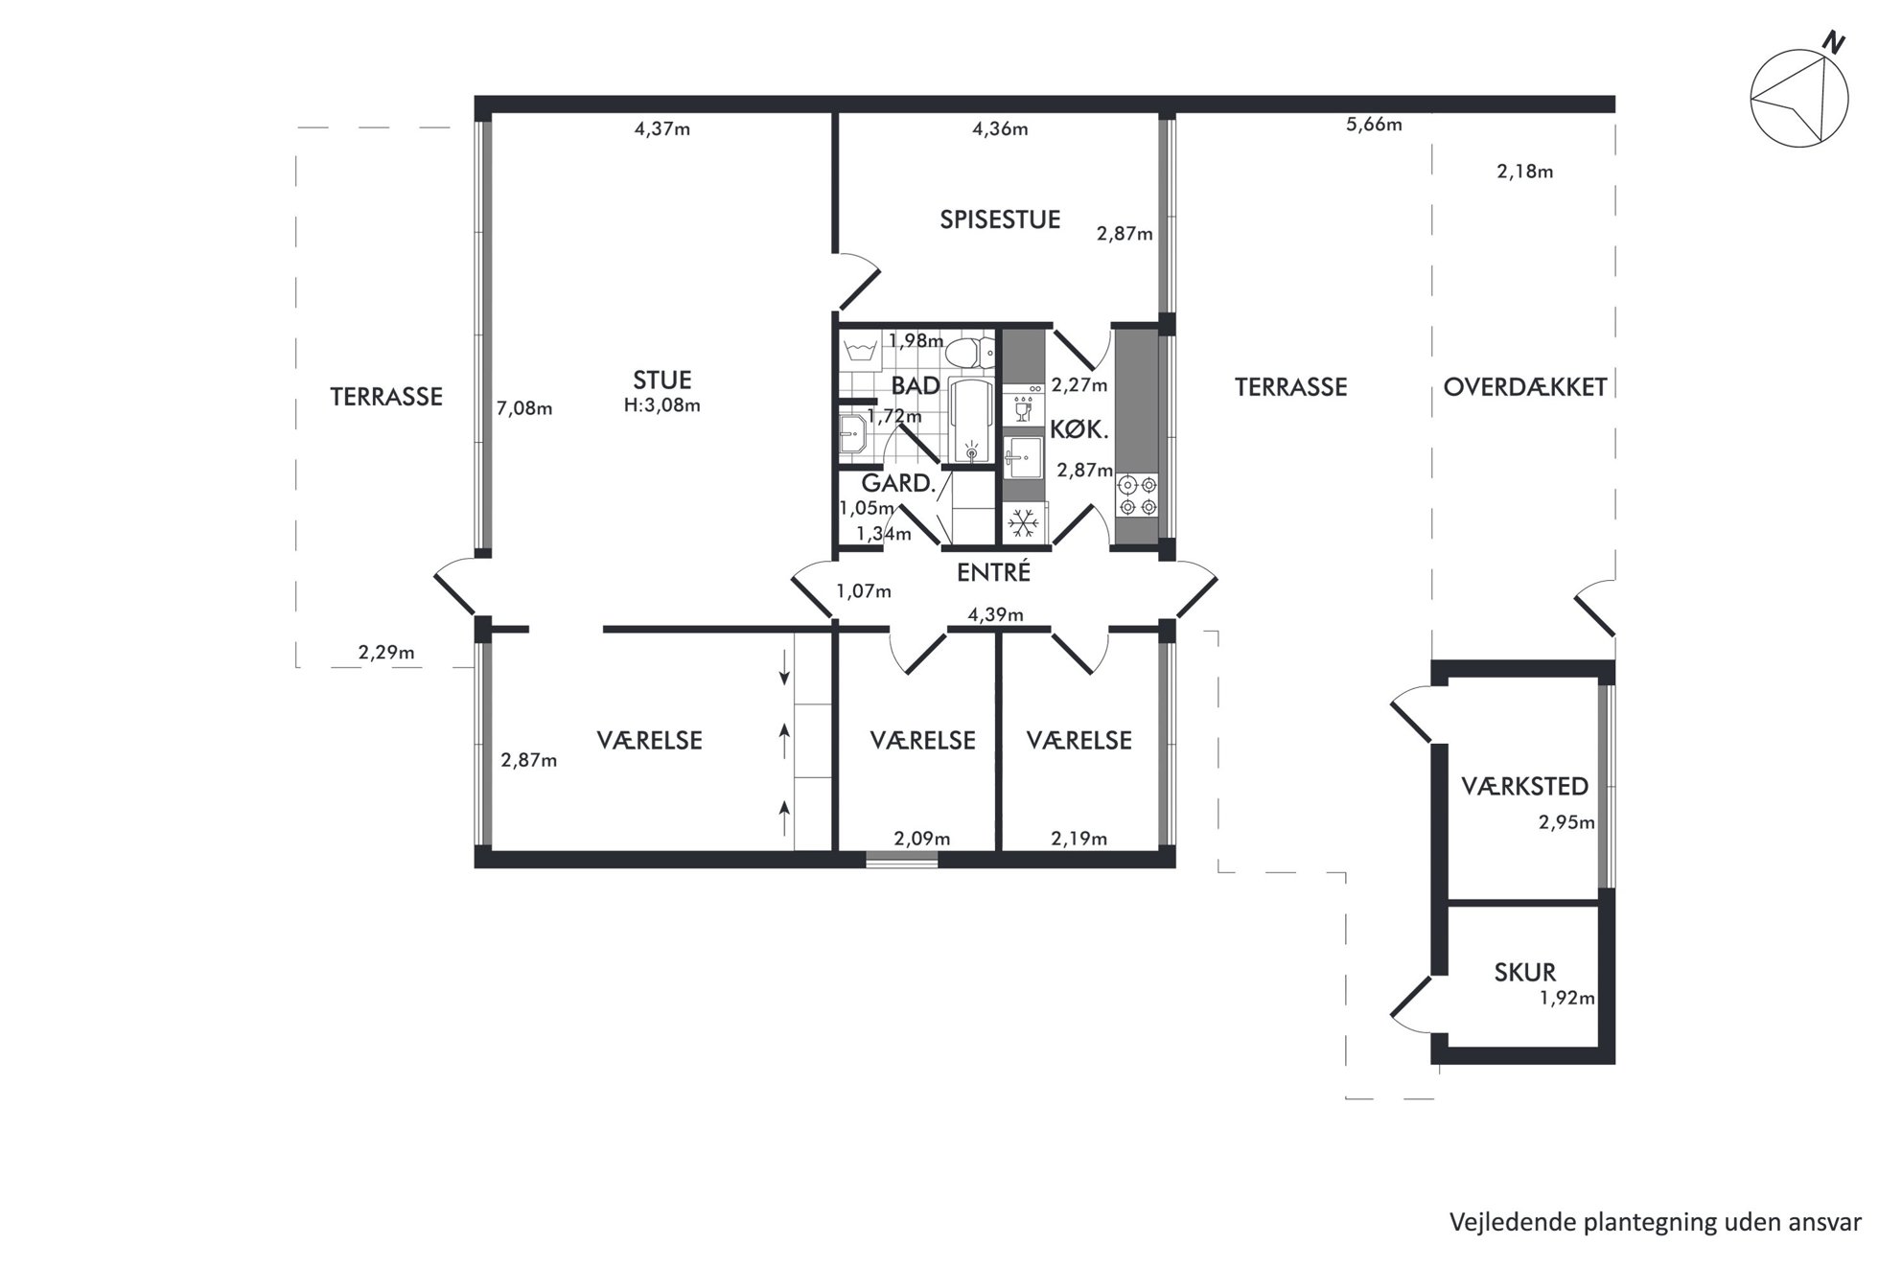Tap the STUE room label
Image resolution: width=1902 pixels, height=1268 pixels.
click(661, 380)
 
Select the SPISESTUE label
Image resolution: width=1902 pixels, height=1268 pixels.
click(1000, 219)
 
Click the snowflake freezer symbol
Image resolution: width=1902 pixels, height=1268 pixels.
click(1024, 523)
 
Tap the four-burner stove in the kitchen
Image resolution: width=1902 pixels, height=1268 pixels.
click(1136, 496)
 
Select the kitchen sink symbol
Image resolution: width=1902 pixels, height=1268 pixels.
click(1023, 457)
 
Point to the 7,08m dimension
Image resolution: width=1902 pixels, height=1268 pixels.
click(524, 409)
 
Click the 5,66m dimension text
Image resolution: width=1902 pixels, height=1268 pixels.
click(1374, 125)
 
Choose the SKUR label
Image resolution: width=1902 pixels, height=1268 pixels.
click(1524, 973)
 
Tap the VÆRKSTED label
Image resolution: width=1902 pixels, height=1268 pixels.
click(1524, 787)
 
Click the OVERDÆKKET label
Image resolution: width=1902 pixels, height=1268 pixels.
click(1524, 387)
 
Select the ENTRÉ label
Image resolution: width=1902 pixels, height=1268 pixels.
click(993, 572)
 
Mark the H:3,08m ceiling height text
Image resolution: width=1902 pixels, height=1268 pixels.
click(661, 405)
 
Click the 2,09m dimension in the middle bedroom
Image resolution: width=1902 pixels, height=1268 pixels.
click(922, 840)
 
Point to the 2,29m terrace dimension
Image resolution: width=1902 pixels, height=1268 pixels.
click(386, 653)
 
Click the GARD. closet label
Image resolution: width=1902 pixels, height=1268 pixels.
click(898, 484)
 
